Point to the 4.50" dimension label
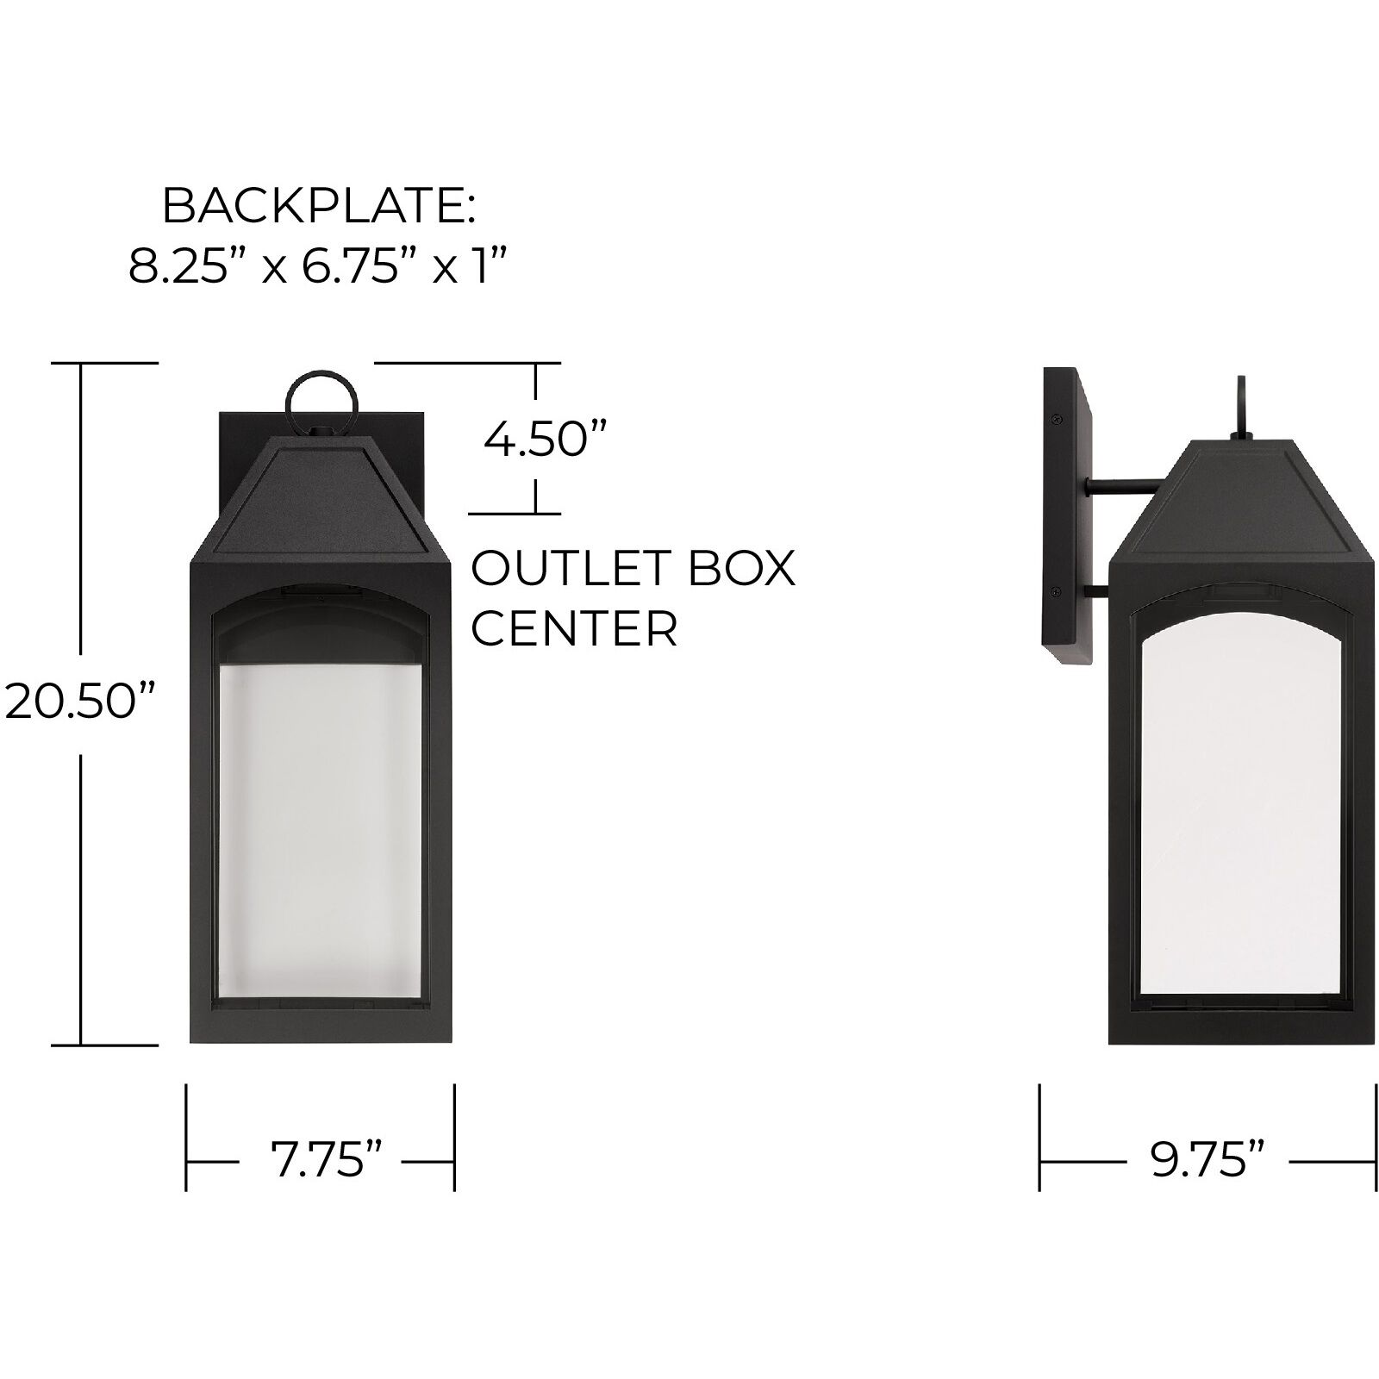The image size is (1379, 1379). point(534,440)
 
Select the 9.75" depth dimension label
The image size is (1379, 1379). point(1207,1161)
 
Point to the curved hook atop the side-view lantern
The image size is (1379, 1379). point(1241,405)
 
